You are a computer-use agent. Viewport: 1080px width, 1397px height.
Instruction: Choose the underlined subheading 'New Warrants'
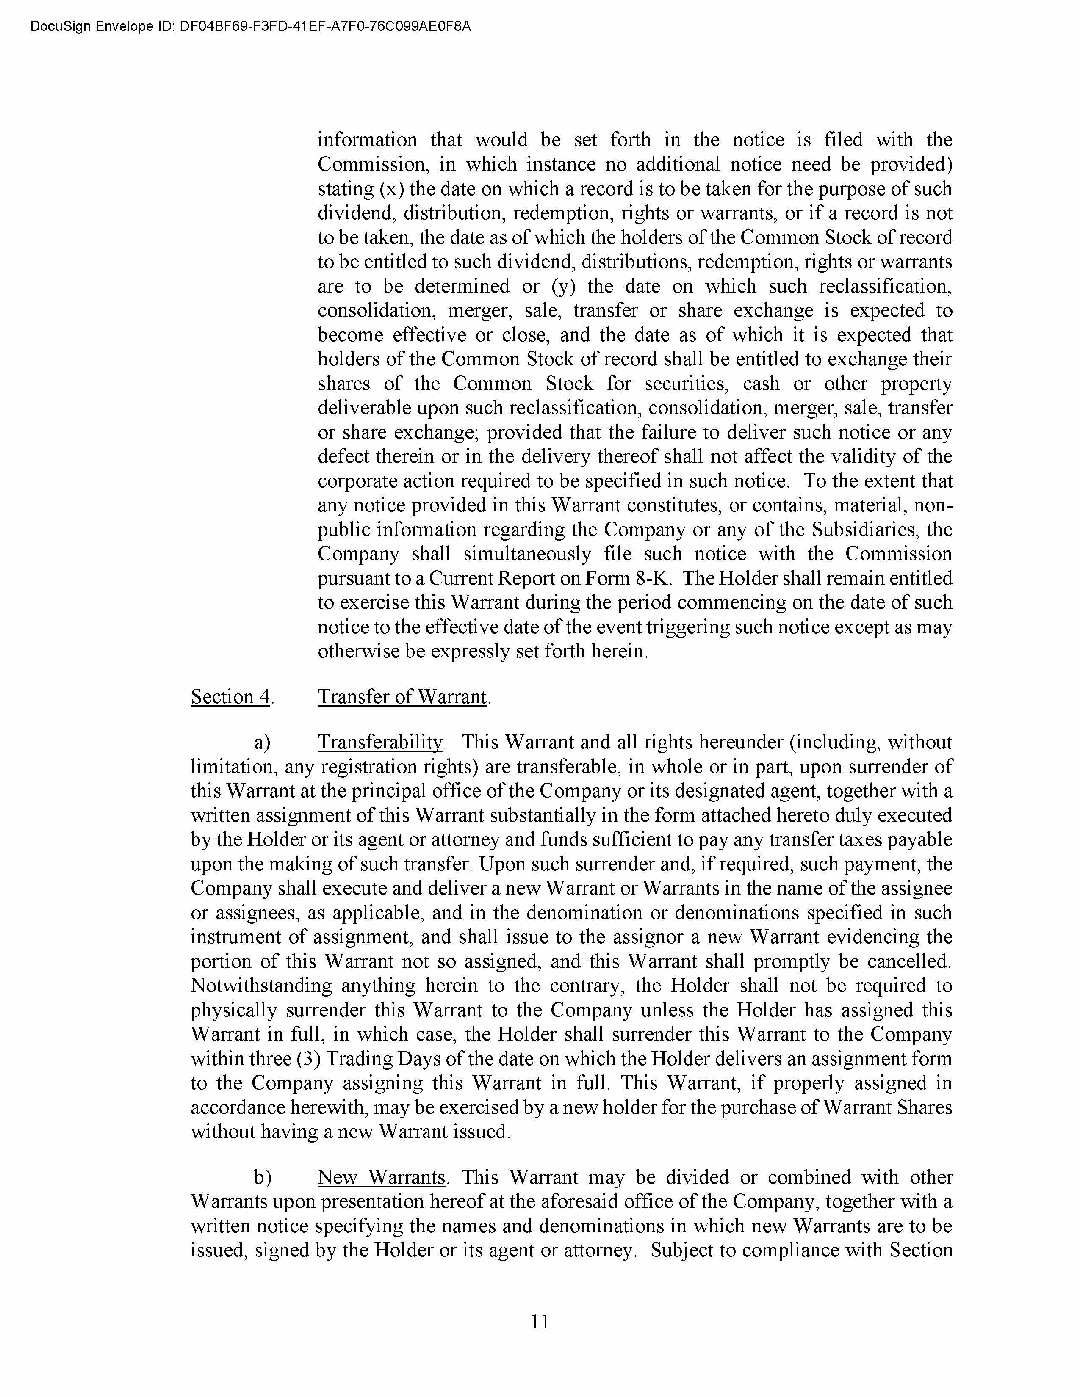tap(381, 1178)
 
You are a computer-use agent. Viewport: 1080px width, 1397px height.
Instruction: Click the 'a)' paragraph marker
tap(262, 743)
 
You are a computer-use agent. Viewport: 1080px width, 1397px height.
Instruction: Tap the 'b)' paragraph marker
tap(262, 1178)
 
